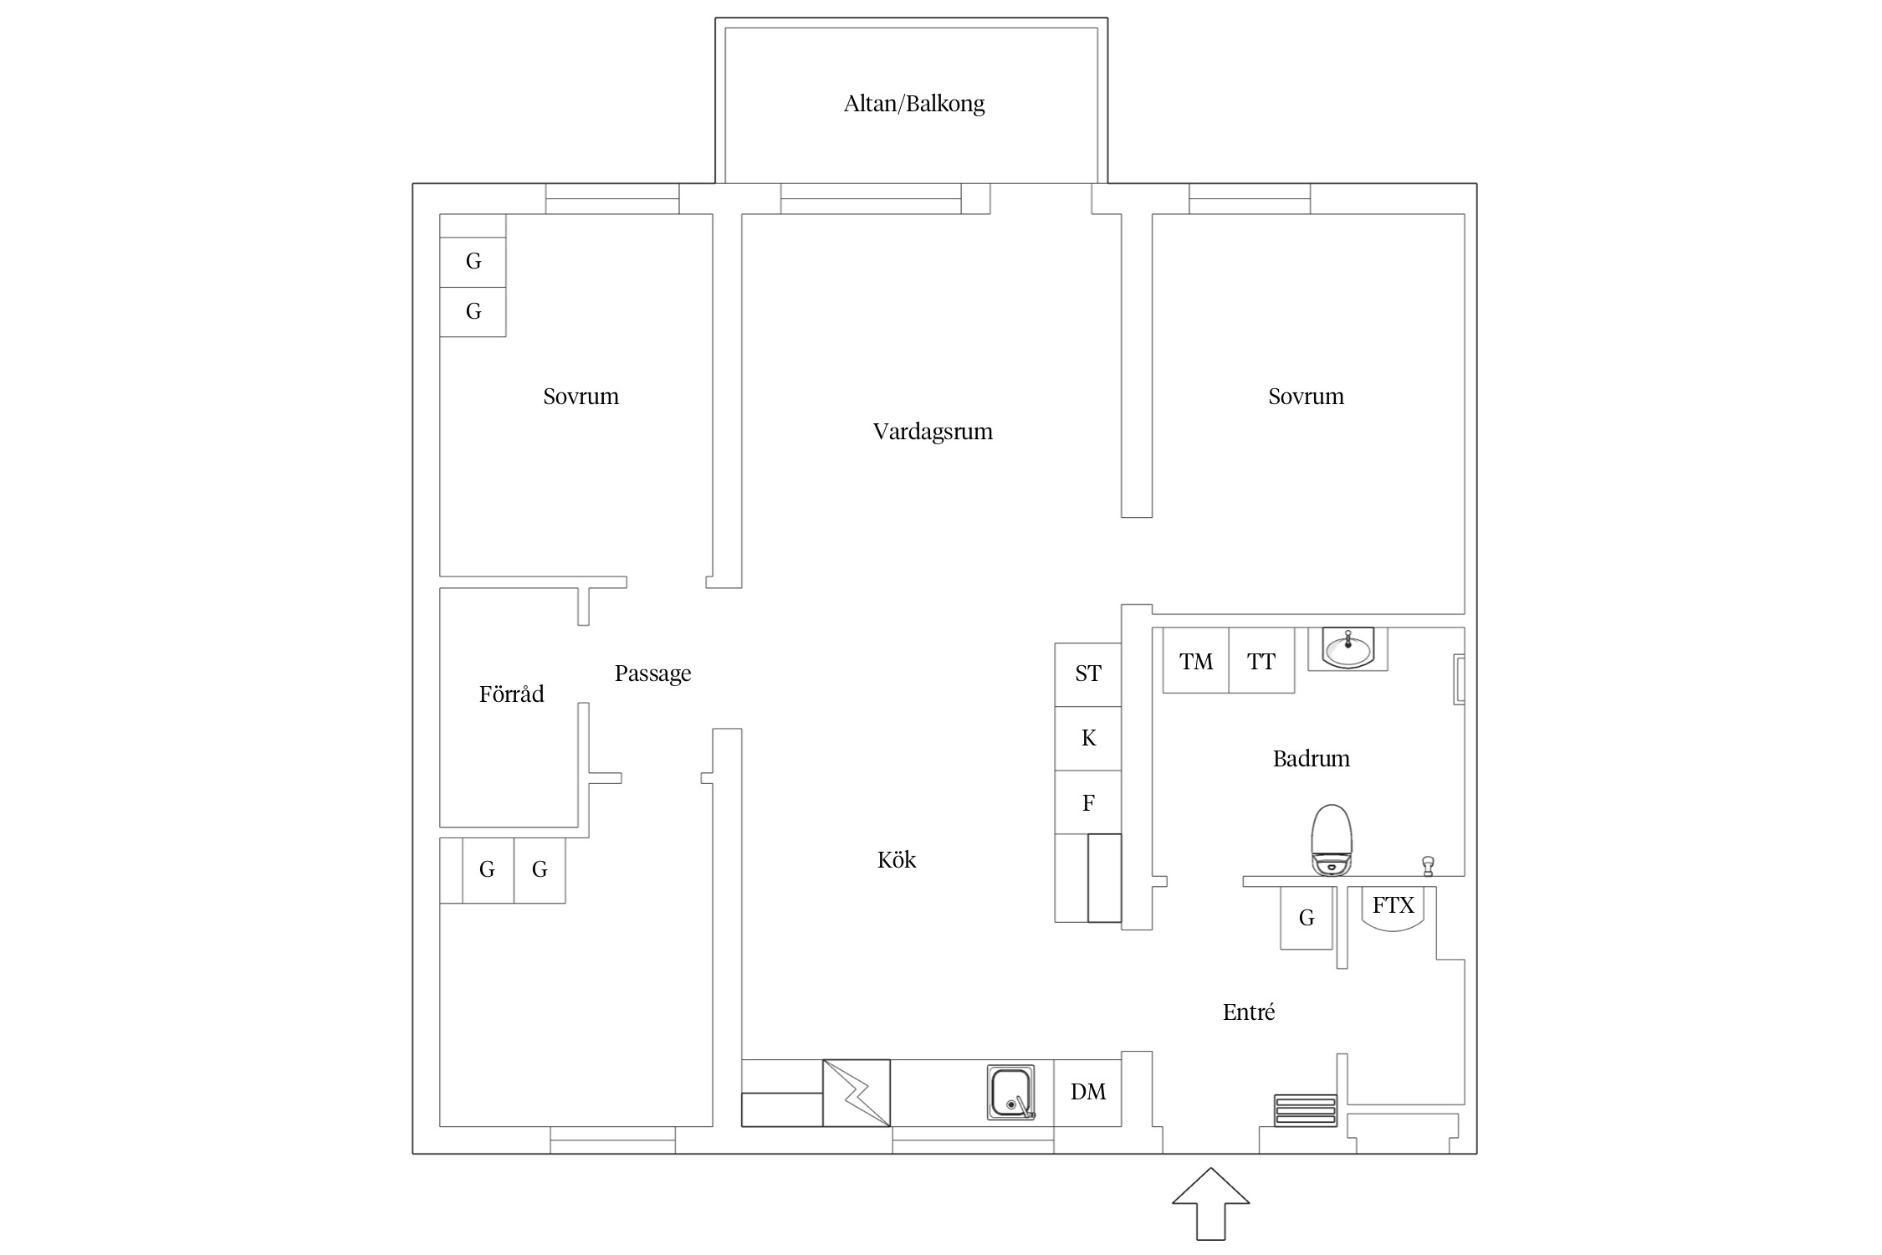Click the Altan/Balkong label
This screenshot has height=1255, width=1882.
(914, 104)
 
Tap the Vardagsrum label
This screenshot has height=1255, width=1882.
(933, 432)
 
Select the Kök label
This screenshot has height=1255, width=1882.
(897, 859)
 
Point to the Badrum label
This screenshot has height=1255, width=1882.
(1311, 759)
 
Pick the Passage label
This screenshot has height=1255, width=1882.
(652, 674)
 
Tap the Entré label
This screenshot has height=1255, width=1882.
(1249, 1012)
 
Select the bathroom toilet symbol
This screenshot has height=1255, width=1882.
(1332, 840)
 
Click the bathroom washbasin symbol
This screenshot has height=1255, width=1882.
(1348, 648)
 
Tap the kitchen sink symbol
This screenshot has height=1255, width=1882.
(1011, 1092)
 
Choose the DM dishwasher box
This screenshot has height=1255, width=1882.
(1087, 1093)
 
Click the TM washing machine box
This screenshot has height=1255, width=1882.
(1196, 660)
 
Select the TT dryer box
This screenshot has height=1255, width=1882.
(1261, 660)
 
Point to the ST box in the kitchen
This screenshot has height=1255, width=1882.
(1087, 674)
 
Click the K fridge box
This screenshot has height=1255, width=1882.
(1087, 739)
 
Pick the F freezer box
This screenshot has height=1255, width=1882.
(1087, 802)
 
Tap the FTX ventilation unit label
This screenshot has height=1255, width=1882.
(1393, 904)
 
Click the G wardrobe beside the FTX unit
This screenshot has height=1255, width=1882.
(1307, 918)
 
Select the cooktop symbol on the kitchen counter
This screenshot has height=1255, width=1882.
(857, 1093)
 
